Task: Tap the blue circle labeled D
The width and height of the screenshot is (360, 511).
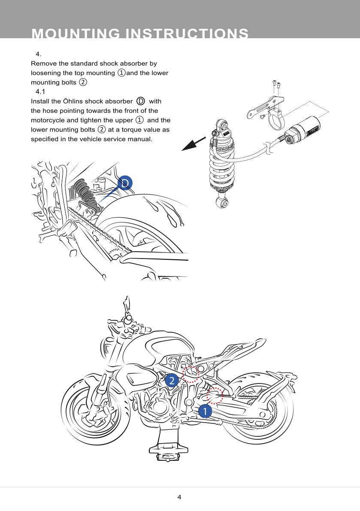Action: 125,183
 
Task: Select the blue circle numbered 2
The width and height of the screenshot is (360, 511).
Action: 172,380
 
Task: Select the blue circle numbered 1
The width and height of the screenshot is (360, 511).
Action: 205,411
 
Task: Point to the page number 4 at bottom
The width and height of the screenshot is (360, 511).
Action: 179,497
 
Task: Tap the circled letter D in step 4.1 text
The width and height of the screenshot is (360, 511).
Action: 141,101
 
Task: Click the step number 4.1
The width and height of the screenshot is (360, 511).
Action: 40,92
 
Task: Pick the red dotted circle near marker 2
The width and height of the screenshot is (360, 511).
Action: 191,374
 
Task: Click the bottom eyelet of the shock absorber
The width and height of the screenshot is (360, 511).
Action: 223,202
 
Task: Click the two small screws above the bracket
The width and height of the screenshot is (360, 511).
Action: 276,85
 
